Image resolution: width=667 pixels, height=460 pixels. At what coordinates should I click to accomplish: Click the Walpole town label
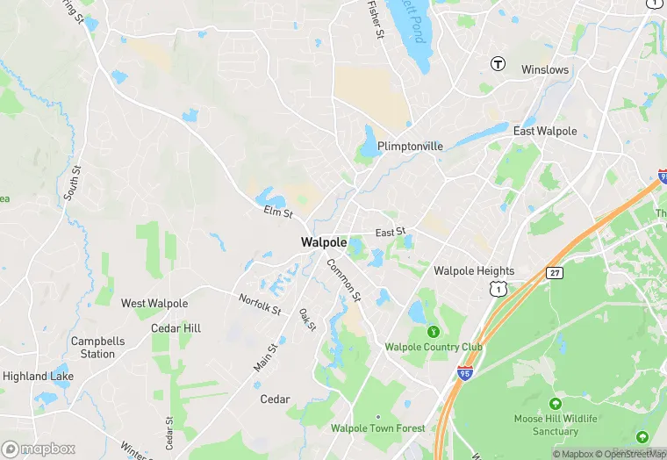(x=324, y=242)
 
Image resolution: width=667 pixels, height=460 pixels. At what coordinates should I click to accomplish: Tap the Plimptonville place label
(x=410, y=147)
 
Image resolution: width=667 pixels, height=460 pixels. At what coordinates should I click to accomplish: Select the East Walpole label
(x=545, y=131)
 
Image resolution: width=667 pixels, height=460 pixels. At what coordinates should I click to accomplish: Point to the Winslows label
(x=545, y=69)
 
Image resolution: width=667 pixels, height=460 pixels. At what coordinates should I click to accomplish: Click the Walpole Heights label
(x=474, y=271)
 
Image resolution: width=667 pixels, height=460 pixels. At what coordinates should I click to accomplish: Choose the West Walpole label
(x=154, y=304)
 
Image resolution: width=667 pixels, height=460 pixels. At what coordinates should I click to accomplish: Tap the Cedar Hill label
(x=176, y=328)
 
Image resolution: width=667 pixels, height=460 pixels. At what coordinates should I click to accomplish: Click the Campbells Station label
(x=97, y=348)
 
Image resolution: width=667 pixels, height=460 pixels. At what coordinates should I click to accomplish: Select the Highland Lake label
(x=38, y=377)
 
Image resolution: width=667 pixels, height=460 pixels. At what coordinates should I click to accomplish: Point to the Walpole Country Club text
(x=434, y=347)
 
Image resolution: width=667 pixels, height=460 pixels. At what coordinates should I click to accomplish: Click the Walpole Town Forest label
(x=378, y=428)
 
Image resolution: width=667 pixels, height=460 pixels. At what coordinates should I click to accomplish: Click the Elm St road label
(x=277, y=212)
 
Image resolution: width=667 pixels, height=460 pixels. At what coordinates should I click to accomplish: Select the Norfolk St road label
(x=260, y=304)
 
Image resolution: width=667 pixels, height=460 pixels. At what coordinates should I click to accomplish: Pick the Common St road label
(x=343, y=279)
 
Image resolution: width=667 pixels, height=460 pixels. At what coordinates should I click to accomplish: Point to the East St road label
(x=391, y=233)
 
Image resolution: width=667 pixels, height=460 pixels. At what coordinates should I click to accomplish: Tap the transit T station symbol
(x=498, y=63)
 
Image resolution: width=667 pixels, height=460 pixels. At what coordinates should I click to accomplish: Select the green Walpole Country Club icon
(x=433, y=332)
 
